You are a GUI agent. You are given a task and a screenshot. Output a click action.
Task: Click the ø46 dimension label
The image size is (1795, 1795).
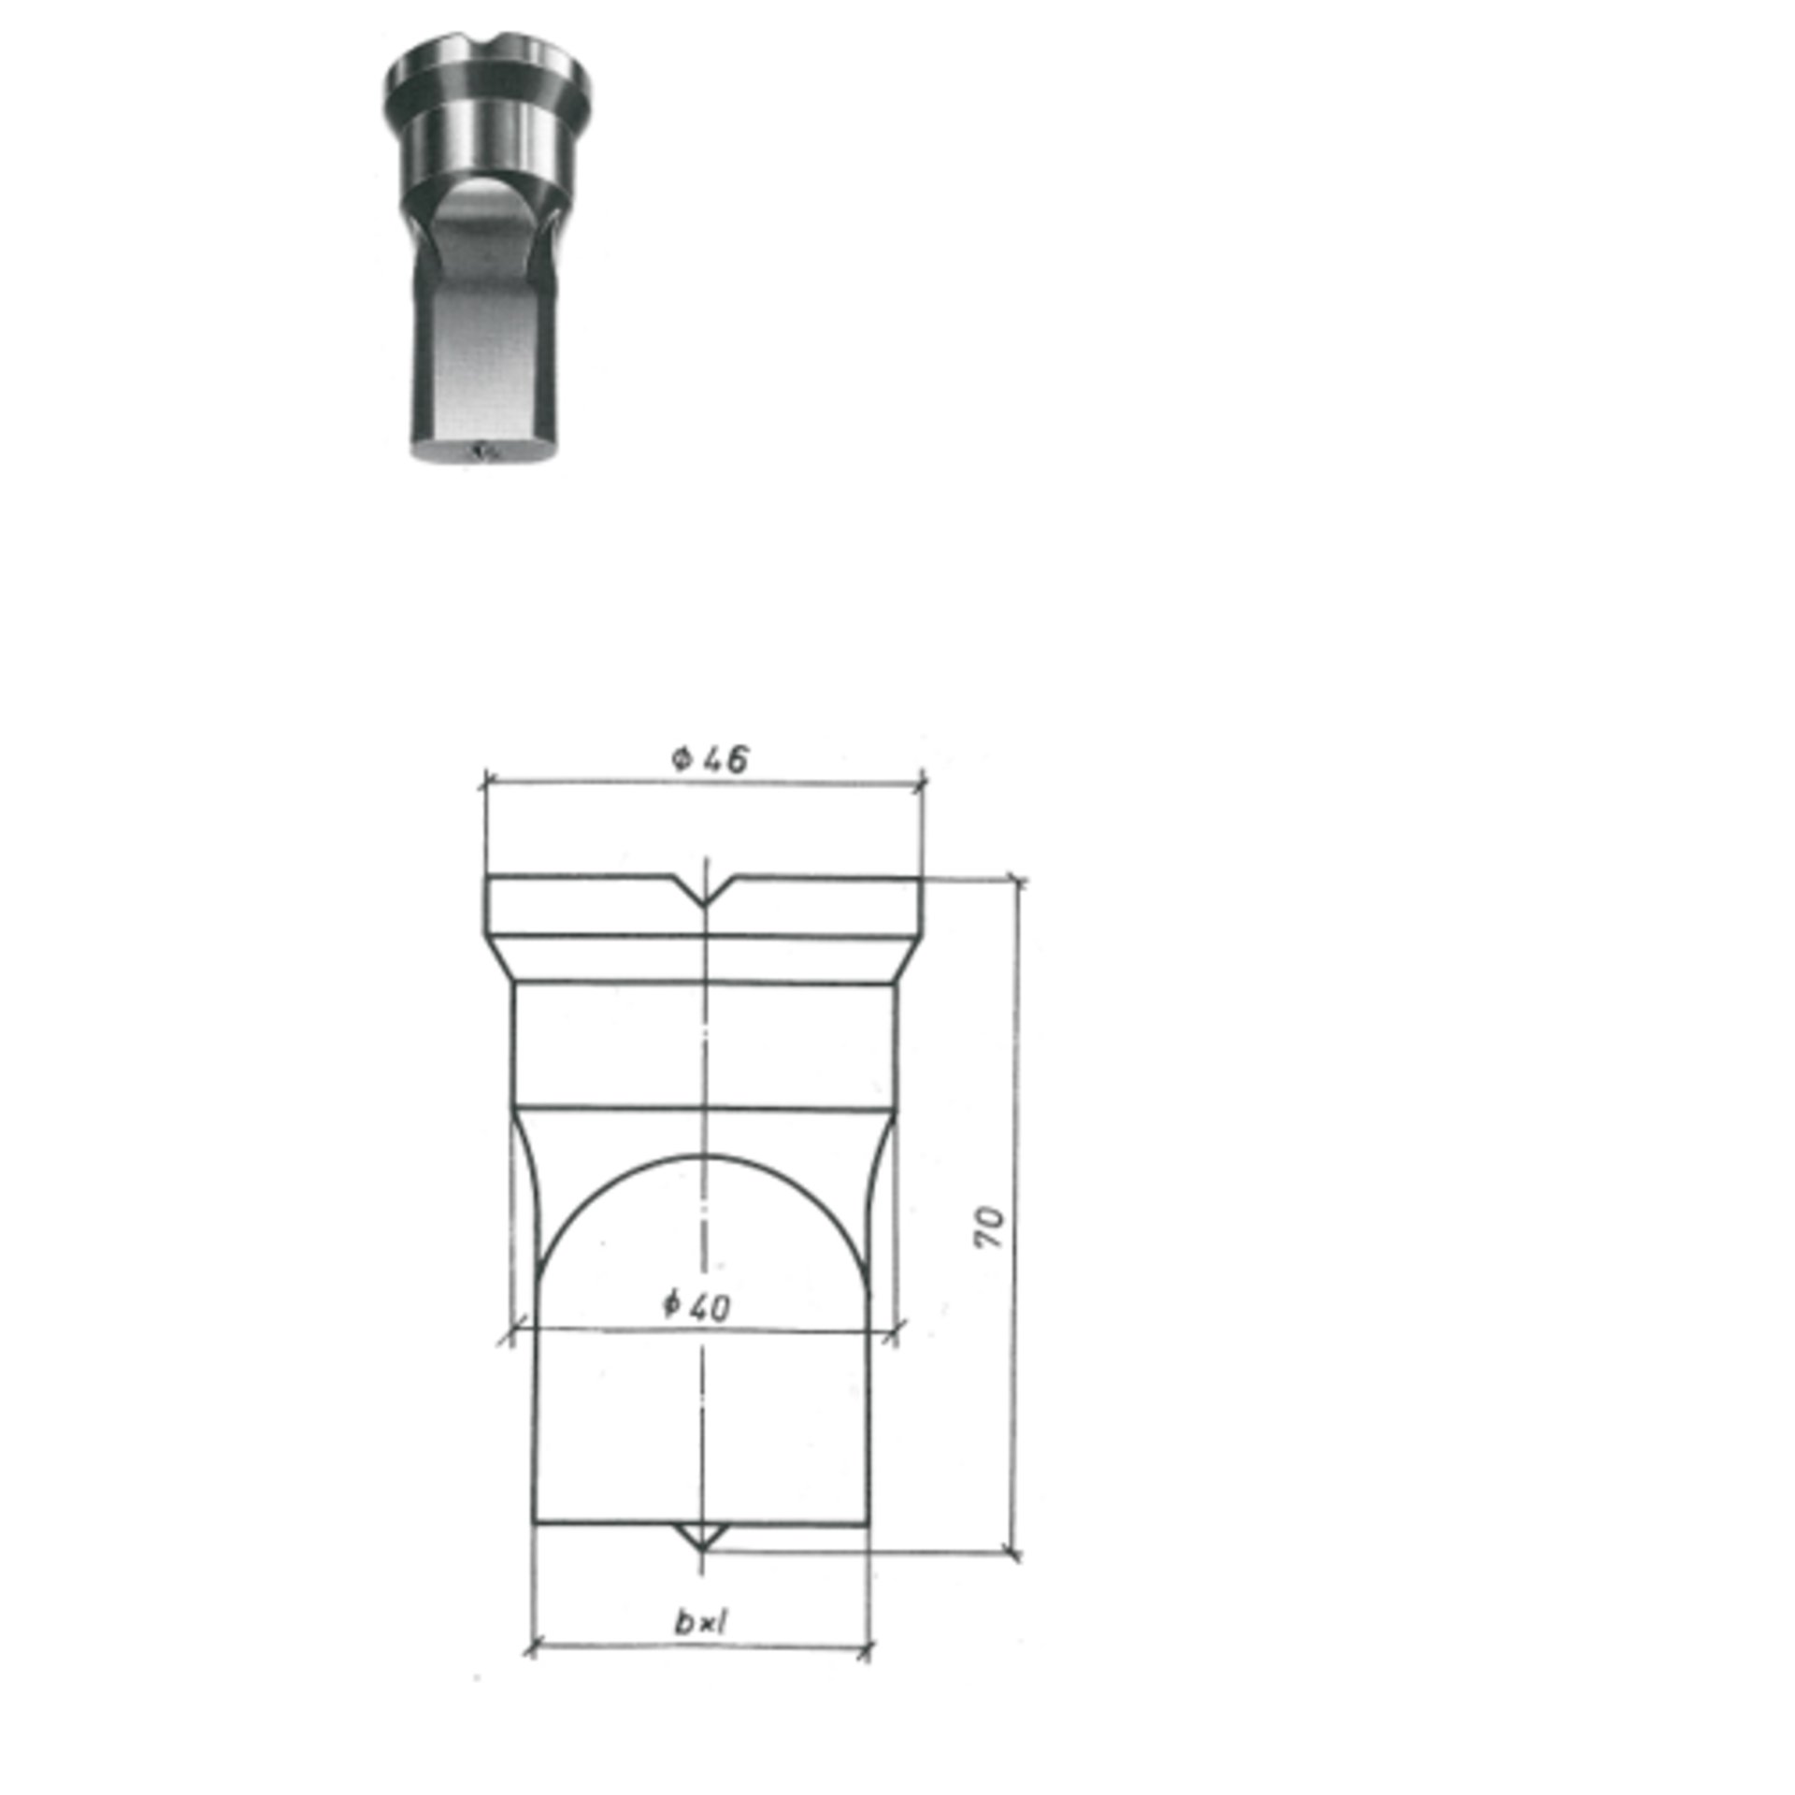coord(710,758)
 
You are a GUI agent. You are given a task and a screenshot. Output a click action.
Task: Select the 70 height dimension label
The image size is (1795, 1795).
coord(988,1227)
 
